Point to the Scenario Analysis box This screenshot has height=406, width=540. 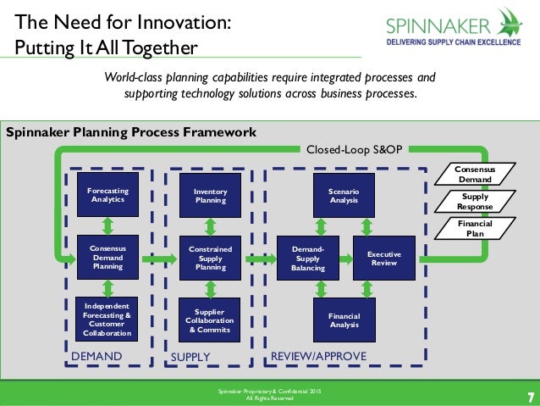[343, 196]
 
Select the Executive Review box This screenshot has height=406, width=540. [384, 258]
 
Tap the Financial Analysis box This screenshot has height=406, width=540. [343, 320]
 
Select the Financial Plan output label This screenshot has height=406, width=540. [474, 229]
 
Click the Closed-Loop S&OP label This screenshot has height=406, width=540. [354, 149]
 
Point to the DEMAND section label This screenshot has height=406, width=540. [96, 356]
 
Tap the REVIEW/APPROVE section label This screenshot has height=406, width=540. [317, 356]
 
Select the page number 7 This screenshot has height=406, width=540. [530, 397]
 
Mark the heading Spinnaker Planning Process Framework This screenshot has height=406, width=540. [131, 132]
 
